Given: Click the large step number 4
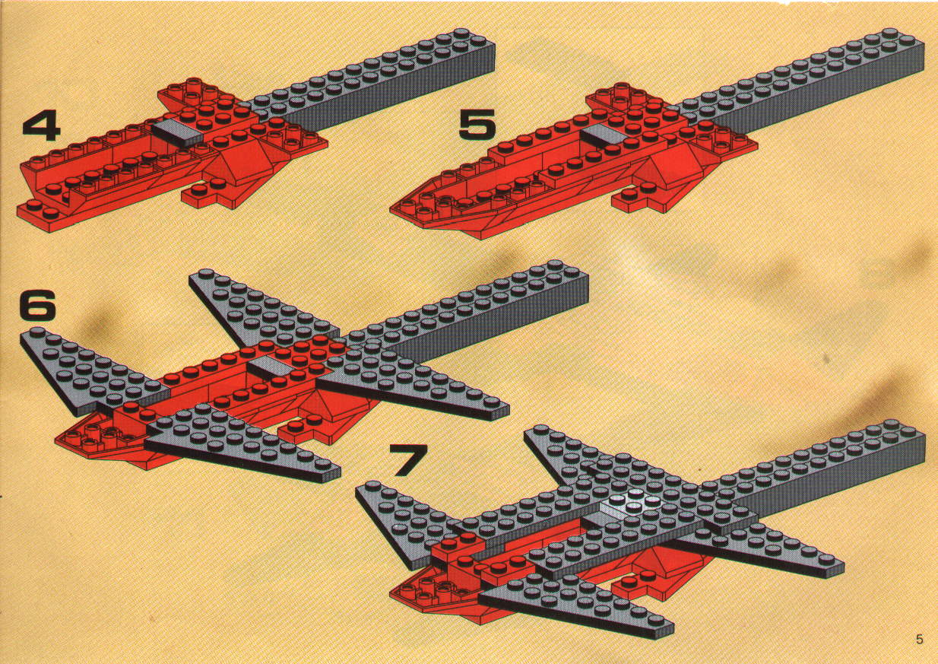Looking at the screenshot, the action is tap(40, 125).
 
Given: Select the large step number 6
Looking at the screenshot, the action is tap(38, 305).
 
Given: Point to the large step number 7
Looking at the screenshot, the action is tap(408, 460).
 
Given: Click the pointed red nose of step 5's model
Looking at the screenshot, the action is tap(394, 209).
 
